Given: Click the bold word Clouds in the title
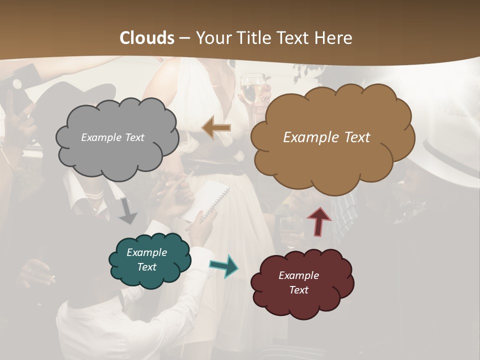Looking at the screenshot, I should tap(147, 37).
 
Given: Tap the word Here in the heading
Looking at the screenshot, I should tap(334, 37).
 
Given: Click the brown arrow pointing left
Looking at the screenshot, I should tap(216, 128).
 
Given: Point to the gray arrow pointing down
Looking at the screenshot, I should tap(128, 210).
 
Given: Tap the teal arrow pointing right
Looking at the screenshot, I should tap(224, 266).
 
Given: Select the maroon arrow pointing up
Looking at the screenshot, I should tap(319, 221).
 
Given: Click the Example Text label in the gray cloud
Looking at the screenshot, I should tap(112, 137).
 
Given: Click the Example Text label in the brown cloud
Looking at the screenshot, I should tap(326, 137).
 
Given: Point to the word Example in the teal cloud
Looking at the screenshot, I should tap(146, 252).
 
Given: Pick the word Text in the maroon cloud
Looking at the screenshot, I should tap(298, 290).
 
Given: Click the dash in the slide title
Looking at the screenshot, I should tap(184, 38).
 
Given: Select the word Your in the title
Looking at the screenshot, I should tap(212, 37).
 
